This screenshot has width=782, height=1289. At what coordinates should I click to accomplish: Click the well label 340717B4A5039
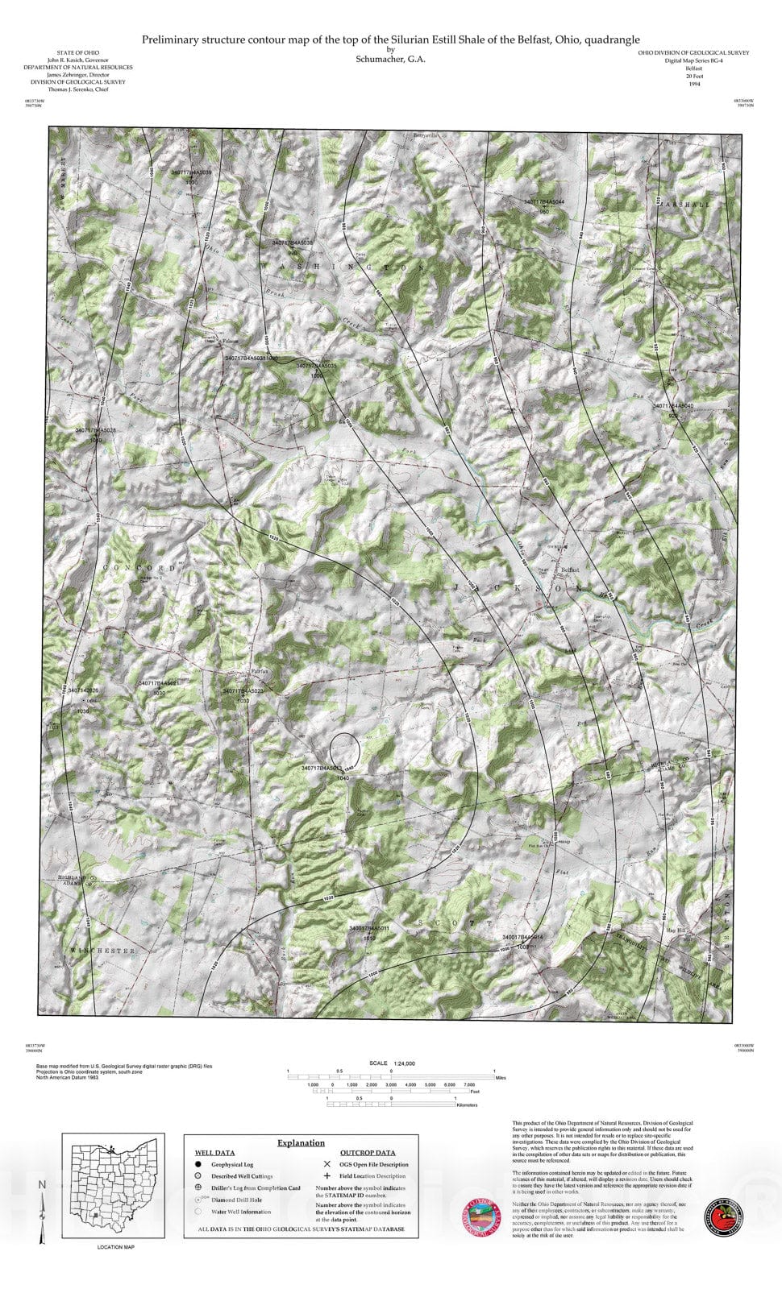tap(191, 172)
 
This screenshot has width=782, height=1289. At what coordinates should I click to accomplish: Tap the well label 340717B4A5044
tap(544, 201)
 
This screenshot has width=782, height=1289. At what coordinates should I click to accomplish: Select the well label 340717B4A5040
tap(672, 406)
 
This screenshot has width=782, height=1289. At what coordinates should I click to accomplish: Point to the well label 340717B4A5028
tap(96, 430)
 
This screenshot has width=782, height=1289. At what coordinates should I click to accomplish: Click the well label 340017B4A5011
tap(369, 928)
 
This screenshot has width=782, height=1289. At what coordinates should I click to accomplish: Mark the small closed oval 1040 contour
tap(345, 748)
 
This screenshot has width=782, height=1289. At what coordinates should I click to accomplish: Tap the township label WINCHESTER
tap(102, 951)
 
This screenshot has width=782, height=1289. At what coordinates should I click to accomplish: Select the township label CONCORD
tap(139, 568)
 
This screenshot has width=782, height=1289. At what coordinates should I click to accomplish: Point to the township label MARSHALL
tap(687, 205)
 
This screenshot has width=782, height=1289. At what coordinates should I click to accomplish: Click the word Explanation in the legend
tap(301, 1142)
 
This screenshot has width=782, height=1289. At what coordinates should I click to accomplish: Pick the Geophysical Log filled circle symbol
tap(198, 1164)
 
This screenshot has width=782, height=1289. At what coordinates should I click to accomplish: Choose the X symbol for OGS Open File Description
tap(327, 1164)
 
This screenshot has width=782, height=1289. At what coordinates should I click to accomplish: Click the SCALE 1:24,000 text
tap(391, 1063)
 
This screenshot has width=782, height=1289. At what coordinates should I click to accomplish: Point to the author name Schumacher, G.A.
tap(390, 59)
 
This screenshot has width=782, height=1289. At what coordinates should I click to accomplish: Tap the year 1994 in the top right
tap(693, 84)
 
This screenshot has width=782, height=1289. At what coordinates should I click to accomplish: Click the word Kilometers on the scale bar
tap(466, 1105)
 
